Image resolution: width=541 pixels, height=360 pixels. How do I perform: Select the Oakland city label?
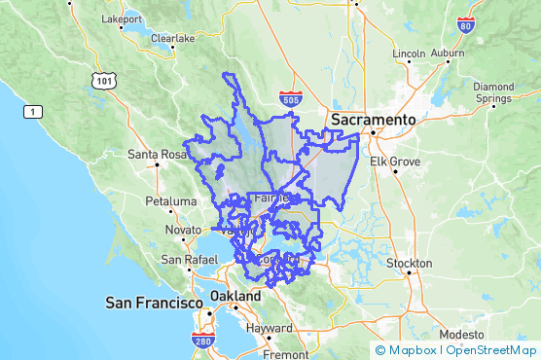click(x=235, y=296)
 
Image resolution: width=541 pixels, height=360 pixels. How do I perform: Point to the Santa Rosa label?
click(x=157, y=154)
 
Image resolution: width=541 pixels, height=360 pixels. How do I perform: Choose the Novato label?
click(x=183, y=230)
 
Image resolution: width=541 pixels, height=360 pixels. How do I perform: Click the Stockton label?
click(x=409, y=264)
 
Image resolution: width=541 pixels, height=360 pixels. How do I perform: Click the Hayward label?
click(x=269, y=329)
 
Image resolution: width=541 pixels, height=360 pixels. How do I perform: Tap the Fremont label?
click(x=285, y=354)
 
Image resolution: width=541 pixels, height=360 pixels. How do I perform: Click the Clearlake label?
click(x=172, y=39)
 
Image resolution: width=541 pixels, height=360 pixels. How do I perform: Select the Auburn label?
click(x=448, y=53)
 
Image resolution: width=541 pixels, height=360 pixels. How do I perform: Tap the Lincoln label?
click(x=409, y=53)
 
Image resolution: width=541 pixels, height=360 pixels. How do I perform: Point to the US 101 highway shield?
click(x=102, y=80)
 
